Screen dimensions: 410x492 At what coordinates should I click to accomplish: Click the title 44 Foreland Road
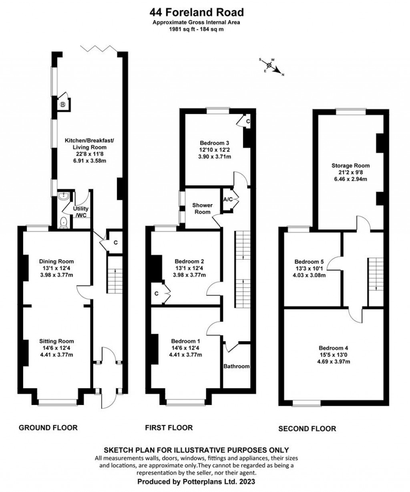[197, 12]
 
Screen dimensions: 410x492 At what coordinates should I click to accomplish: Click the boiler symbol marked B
[63, 104]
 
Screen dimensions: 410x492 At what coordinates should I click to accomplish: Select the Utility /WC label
[80, 212]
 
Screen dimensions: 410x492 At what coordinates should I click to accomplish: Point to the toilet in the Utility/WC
[64, 223]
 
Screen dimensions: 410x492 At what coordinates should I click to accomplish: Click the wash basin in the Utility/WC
[63, 196]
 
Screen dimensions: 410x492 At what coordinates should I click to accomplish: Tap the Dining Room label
[56, 261]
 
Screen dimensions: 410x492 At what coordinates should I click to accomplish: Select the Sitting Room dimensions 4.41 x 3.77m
[56, 354]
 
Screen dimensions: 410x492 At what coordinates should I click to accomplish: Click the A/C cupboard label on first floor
[228, 199]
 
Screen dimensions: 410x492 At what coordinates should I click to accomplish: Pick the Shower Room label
[203, 209]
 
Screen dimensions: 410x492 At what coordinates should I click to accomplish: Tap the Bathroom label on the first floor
[237, 366]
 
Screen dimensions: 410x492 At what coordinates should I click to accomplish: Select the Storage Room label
[351, 166]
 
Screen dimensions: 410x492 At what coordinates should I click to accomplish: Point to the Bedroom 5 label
[309, 261]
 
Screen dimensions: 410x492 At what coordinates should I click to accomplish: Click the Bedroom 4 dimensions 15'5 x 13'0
[334, 354]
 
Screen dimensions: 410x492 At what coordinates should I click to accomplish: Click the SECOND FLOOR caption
[307, 428]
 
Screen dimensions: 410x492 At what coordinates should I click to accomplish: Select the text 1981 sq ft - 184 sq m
[196, 29]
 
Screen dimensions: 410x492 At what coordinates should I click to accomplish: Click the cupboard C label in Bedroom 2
[157, 294]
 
